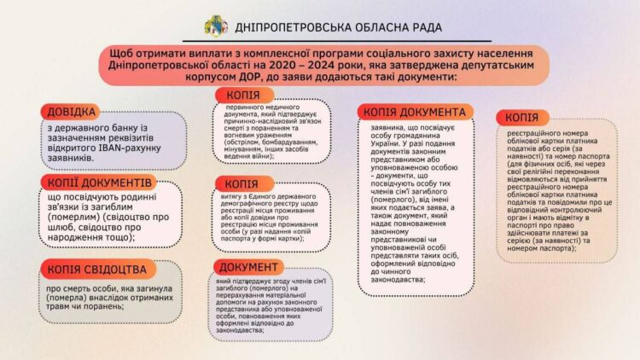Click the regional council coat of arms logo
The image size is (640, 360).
pyautogui.click(x=214, y=26)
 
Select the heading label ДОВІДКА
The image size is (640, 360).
pyautogui.click(x=70, y=112)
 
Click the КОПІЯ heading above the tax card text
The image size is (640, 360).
pyautogui.click(x=521, y=117)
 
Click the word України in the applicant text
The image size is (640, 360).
pyautogui.click(x=380, y=141)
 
